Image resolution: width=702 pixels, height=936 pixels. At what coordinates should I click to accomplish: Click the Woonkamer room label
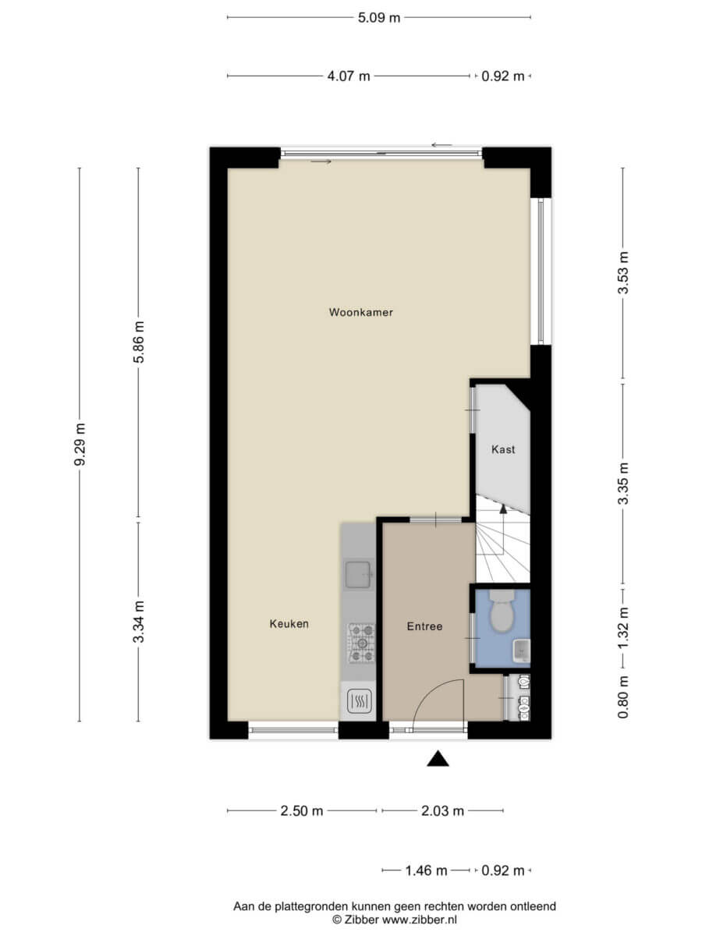pos(360,312)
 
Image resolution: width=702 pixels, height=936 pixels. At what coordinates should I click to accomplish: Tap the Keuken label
pos(289,624)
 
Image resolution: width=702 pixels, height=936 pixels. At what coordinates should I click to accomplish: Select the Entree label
pos(424,626)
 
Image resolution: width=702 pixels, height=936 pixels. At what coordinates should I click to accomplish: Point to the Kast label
pos(503,449)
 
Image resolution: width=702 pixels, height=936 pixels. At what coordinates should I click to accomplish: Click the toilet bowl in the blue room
pos(502,611)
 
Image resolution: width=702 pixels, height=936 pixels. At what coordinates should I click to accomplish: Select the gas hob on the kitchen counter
pos(362,643)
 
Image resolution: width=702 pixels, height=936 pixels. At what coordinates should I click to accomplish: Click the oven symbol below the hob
pos(360,701)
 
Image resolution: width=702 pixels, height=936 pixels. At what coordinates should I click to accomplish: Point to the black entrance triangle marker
pos(438,759)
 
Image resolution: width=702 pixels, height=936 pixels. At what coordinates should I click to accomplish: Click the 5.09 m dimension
pos(379,17)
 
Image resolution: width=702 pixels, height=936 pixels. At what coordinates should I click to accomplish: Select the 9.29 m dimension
pos(80,445)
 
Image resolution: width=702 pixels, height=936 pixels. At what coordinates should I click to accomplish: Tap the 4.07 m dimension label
pos(349,76)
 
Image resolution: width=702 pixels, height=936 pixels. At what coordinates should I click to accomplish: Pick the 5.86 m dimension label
pos(139,342)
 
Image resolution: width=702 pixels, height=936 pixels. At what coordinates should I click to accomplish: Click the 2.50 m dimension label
pos(302,810)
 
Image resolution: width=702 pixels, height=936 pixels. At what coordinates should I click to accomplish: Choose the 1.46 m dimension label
pos(426,870)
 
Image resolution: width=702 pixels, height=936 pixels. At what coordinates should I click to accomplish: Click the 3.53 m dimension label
pos(623,273)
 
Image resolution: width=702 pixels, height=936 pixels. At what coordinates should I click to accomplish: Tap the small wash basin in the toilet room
pos(521,651)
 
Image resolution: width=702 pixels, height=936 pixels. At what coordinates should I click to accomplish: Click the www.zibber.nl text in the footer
pos(420,920)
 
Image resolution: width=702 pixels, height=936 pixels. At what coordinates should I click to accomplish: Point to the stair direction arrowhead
pos(503,509)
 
